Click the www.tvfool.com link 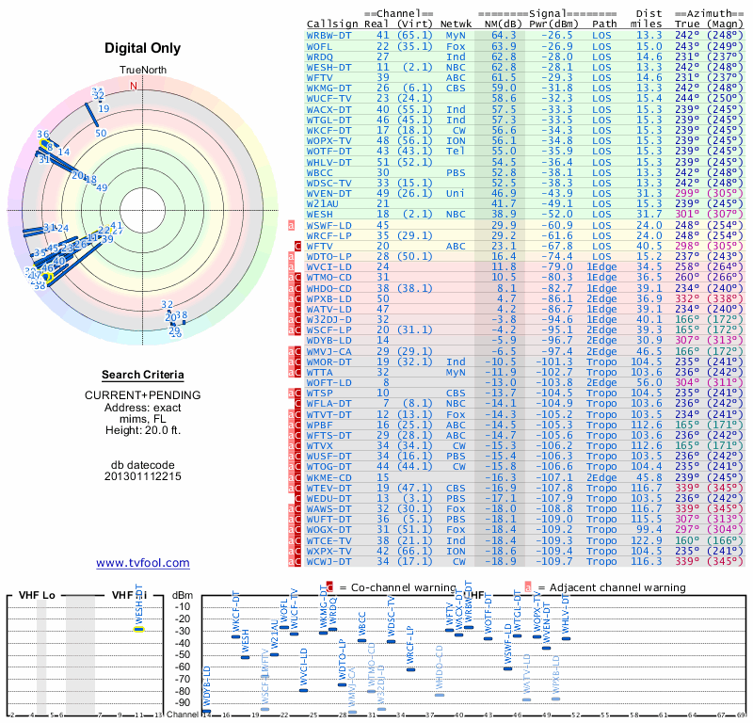(x=142, y=563)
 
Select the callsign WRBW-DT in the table (x=329, y=35)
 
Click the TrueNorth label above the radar (x=142, y=72)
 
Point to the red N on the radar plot (x=134, y=86)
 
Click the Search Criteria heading (x=142, y=375)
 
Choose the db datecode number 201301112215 (x=143, y=476)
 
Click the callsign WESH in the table (x=320, y=214)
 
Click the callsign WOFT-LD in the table (x=329, y=382)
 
